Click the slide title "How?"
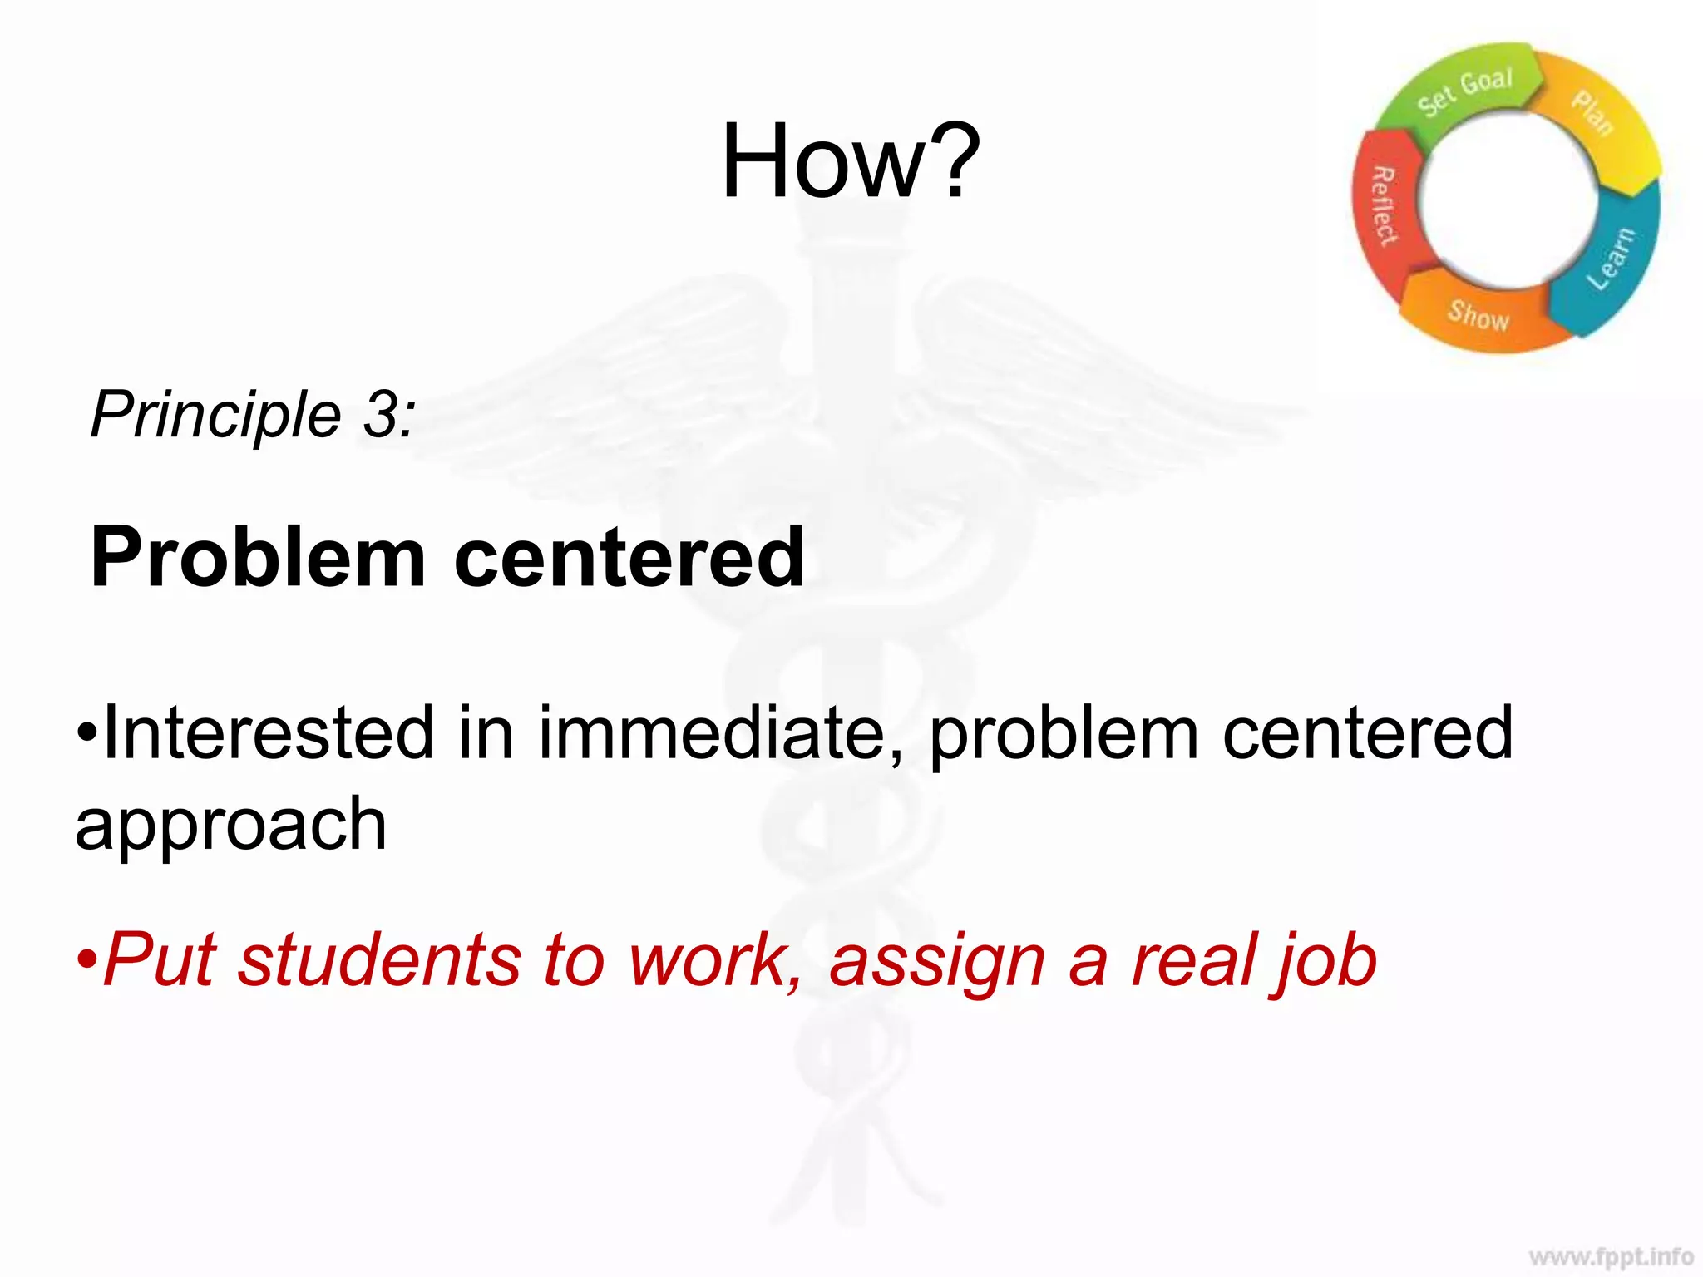pos(850,162)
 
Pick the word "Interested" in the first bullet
pos(268,733)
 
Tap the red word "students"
pos(379,961)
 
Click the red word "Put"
pos(161,961)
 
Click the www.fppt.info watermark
pos(1611,1255)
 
